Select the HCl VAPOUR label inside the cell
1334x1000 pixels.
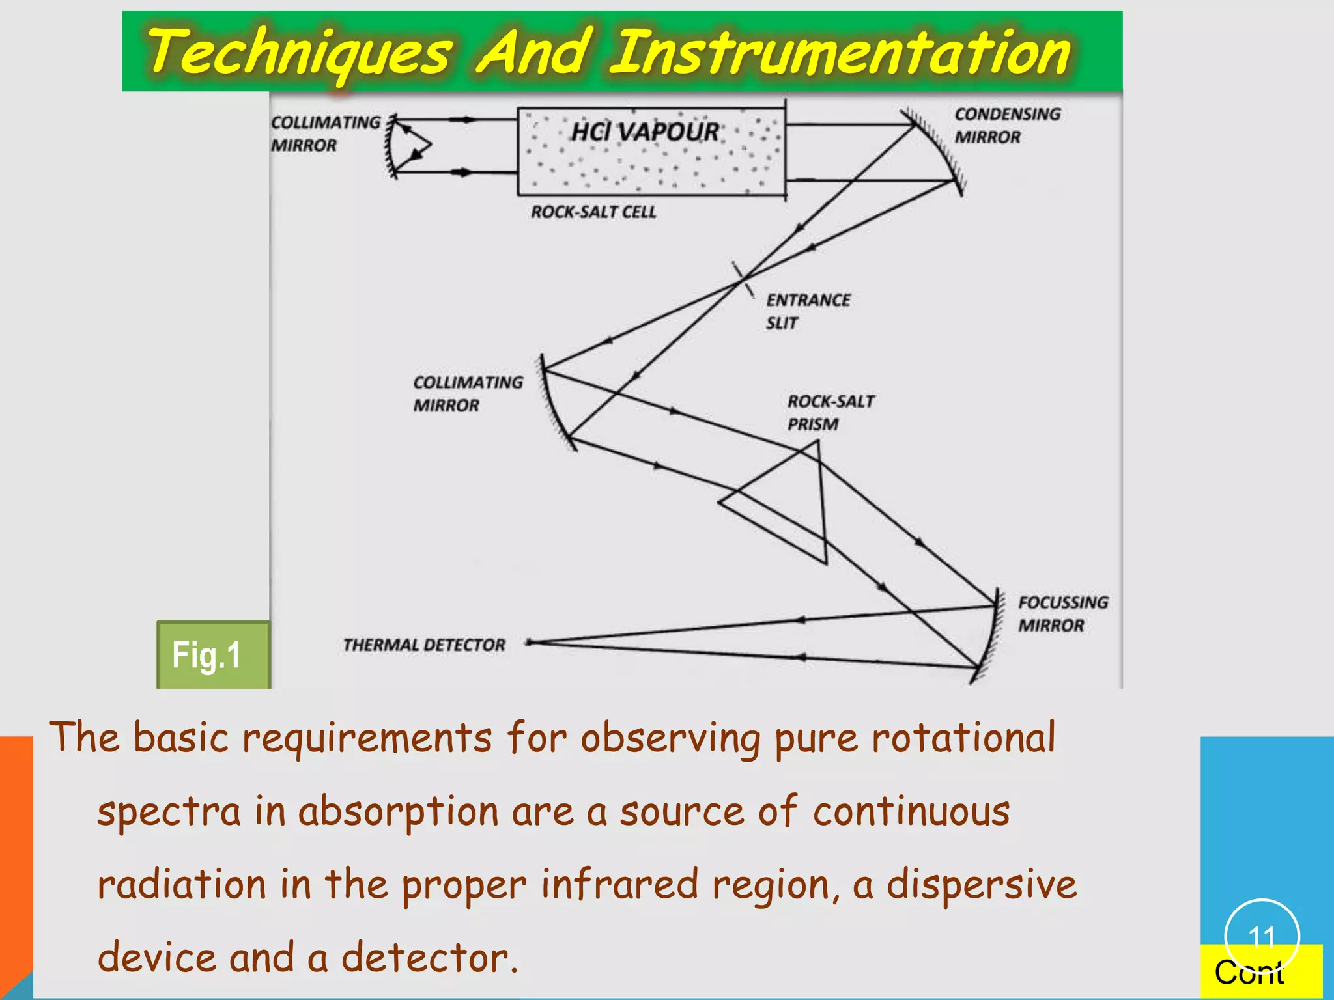click(x=645, y=132)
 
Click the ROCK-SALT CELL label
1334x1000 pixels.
click(x=593, y=212)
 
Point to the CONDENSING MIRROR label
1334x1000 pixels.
click(x=1007, y=126)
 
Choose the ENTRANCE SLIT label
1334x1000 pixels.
click(x=808, y=311)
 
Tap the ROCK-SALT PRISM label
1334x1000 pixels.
click(x=830, y=412)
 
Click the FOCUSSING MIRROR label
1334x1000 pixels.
click(x=1063, y=613)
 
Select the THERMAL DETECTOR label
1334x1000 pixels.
click(x=424, y=645)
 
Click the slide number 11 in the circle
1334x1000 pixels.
click(x=1262, y=937)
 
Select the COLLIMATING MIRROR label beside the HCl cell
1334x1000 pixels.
click(x=325, y=133)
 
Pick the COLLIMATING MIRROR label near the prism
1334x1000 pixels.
click(x=467, y=393)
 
